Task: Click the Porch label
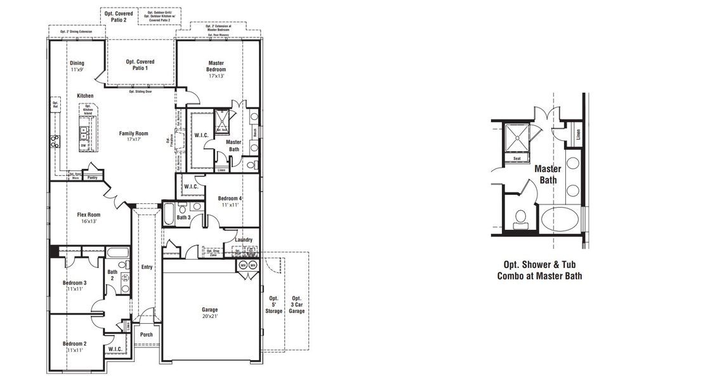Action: click(x=147, y=335)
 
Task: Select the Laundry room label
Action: click(x=243, y=239)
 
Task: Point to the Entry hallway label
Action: click(x=147, y=267)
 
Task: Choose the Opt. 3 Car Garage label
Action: click(x=297, y=305)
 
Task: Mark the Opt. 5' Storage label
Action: click(x=273, y=305)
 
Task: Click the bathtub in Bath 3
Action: click(x=169, y=215)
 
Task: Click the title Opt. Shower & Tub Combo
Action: click(x=539, y=270)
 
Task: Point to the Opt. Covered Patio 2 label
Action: click(x=115, y=16)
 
